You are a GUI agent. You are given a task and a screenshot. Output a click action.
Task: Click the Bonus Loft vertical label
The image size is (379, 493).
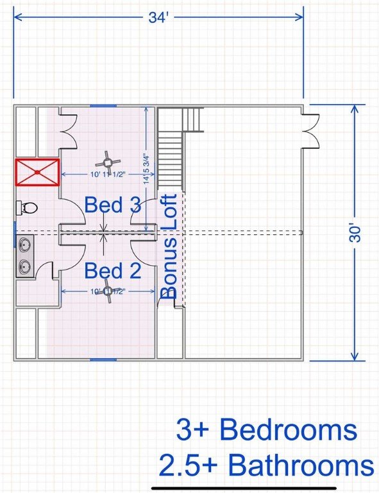tap(168, 246)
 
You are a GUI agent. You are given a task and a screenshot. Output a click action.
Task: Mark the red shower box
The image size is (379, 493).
tap(37, 172)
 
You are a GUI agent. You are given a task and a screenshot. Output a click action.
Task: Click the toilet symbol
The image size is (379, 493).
tap(27, 208)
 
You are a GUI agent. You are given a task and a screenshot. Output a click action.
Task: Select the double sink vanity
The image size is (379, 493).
tap(24, 255)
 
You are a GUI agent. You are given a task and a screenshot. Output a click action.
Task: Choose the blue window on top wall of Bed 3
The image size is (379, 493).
tap(103, 105)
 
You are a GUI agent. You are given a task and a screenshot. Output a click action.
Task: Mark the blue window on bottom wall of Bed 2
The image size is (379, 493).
tap(103, 359)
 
